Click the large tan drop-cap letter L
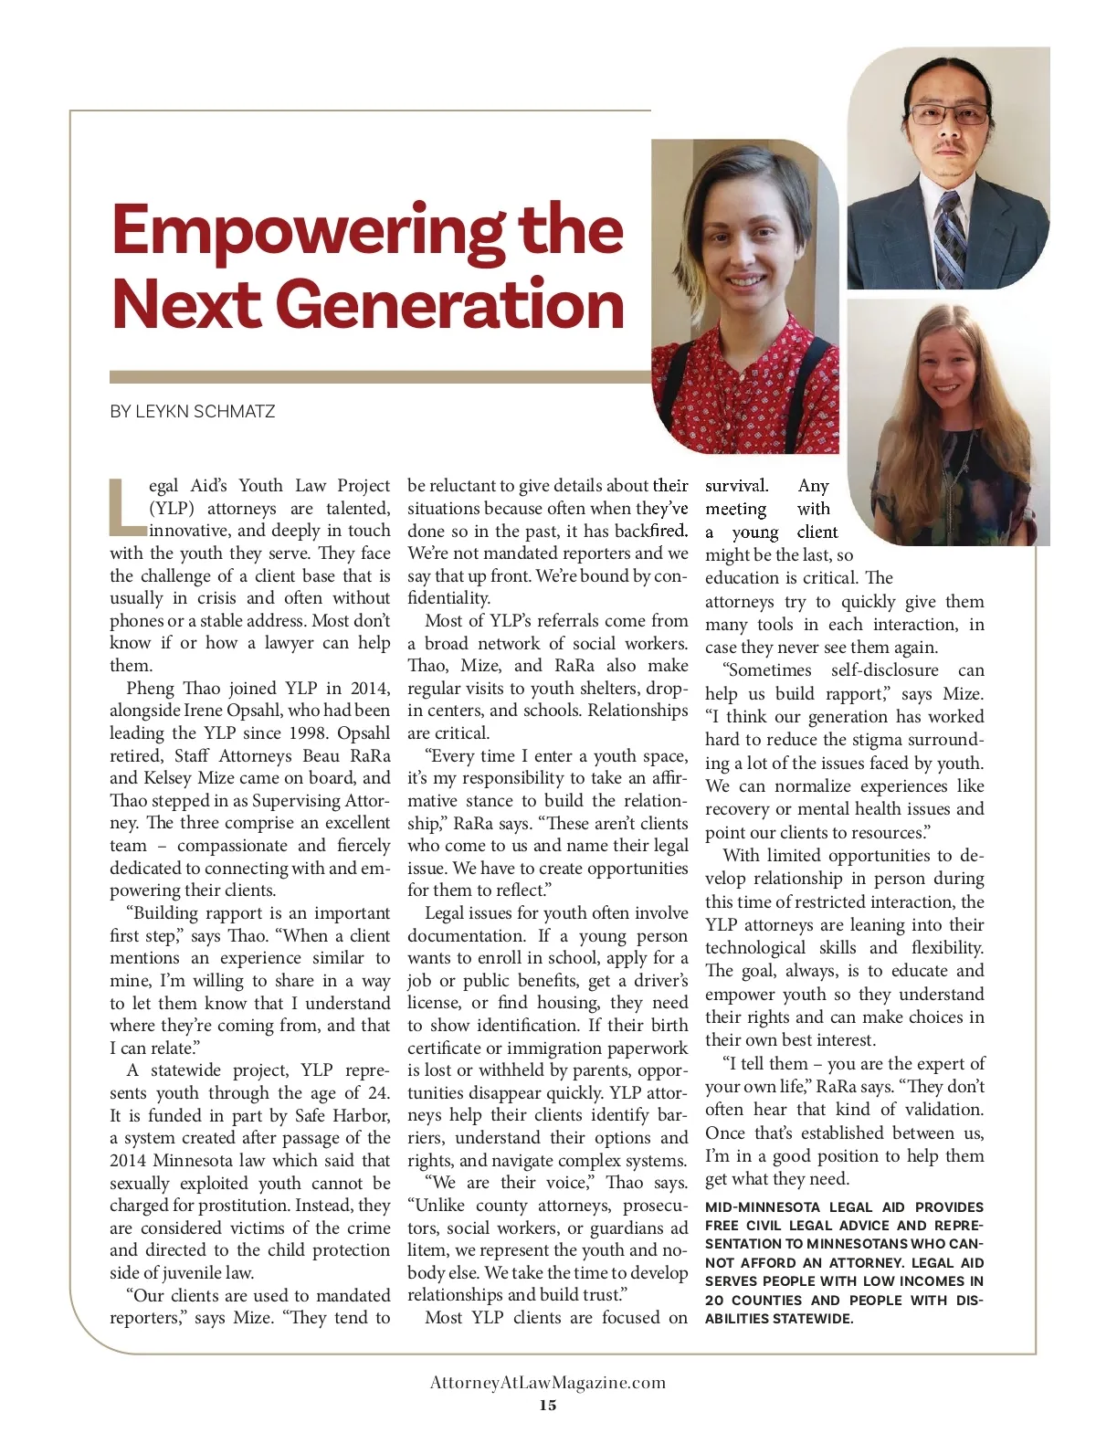point(126,508)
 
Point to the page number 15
point(547,1405)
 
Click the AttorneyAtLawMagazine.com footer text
point(547,1383)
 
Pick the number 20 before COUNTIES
point(713,1301)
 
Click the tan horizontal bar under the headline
point(379,376)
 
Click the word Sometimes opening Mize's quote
point(769,670)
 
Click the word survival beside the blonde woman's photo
point(735,486)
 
